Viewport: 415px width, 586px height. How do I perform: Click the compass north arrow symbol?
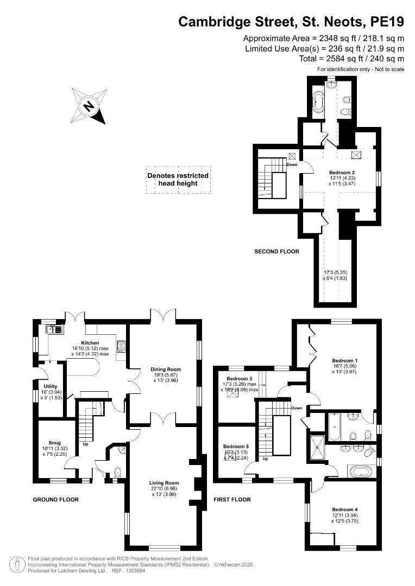coord(88,106)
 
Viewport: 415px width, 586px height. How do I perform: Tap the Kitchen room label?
coord(90,343)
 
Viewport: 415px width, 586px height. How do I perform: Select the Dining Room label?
coord(166,370)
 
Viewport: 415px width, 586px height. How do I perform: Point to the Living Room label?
coord(164,482)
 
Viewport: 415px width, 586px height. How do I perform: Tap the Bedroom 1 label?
coord(344,360)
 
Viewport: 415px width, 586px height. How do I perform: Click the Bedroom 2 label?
coord(342,173)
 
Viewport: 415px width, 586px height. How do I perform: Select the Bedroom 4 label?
coord(345,509)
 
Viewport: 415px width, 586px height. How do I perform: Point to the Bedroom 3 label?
coord(240,378)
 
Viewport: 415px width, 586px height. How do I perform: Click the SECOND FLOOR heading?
coord(277,252)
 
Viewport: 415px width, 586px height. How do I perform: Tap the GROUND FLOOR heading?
coord(56,500)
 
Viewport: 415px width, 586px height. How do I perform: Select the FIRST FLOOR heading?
coord(232,500)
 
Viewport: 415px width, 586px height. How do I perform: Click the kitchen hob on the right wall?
coord(120,346)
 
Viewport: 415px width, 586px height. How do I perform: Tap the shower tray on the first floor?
coord(316,447)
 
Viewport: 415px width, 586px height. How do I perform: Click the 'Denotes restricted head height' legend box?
coord(178,180)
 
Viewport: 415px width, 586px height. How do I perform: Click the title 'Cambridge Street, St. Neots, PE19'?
coord(292,22)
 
